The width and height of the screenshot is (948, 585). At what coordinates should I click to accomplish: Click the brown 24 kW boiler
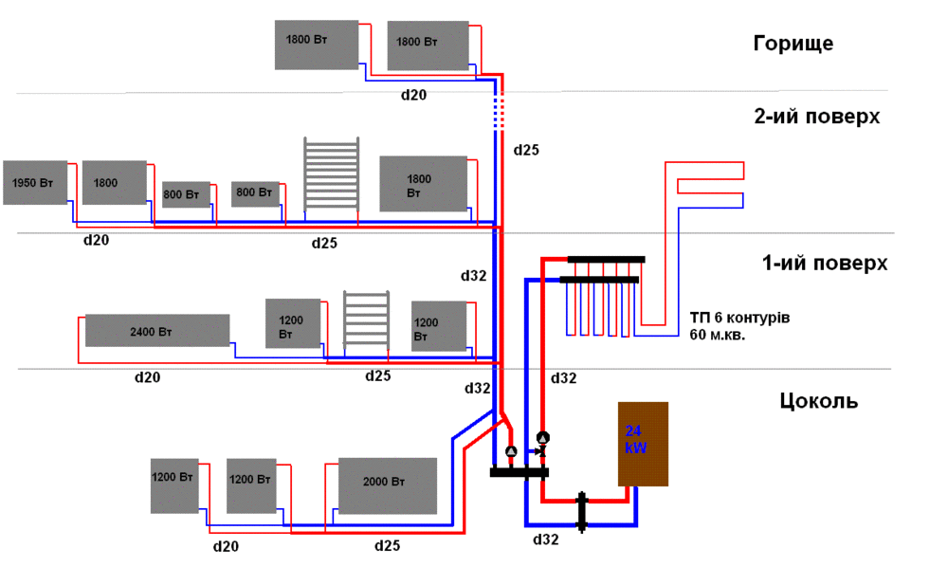[x=644, y=444]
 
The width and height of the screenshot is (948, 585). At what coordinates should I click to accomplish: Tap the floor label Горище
[x=793, y=44]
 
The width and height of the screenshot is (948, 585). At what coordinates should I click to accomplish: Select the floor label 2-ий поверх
[x=816, y=117]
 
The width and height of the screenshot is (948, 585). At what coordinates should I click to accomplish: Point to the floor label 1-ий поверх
[x=825, y=263]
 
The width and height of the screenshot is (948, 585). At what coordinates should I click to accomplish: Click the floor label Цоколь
[x=819, y=400]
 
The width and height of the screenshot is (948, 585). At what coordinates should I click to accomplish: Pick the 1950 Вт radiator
[x=35, y=182]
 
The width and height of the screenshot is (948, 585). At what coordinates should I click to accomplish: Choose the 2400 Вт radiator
[x=157, y=330]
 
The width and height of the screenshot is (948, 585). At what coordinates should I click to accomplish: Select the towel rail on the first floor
[x=365, y=320]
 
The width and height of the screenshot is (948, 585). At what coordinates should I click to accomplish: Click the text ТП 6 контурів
[x=739, y=316]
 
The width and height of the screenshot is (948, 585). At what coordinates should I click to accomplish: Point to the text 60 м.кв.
[x=718, y=335]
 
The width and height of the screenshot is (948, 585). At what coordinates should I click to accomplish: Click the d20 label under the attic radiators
[x=413, y=95]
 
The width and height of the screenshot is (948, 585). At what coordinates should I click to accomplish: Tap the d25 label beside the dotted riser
[x=526, y=150]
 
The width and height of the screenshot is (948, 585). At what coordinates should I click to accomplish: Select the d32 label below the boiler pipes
[x=546, y=539]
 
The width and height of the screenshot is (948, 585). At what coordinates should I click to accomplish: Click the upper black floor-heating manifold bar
[x=607, y=259]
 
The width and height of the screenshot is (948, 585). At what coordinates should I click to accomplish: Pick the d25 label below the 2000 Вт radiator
[x=388, y=545]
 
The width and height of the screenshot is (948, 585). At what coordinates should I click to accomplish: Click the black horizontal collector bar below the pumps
[x=520, y=472]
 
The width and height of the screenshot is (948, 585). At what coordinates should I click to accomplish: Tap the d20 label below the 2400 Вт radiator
[x=147, y=377]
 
